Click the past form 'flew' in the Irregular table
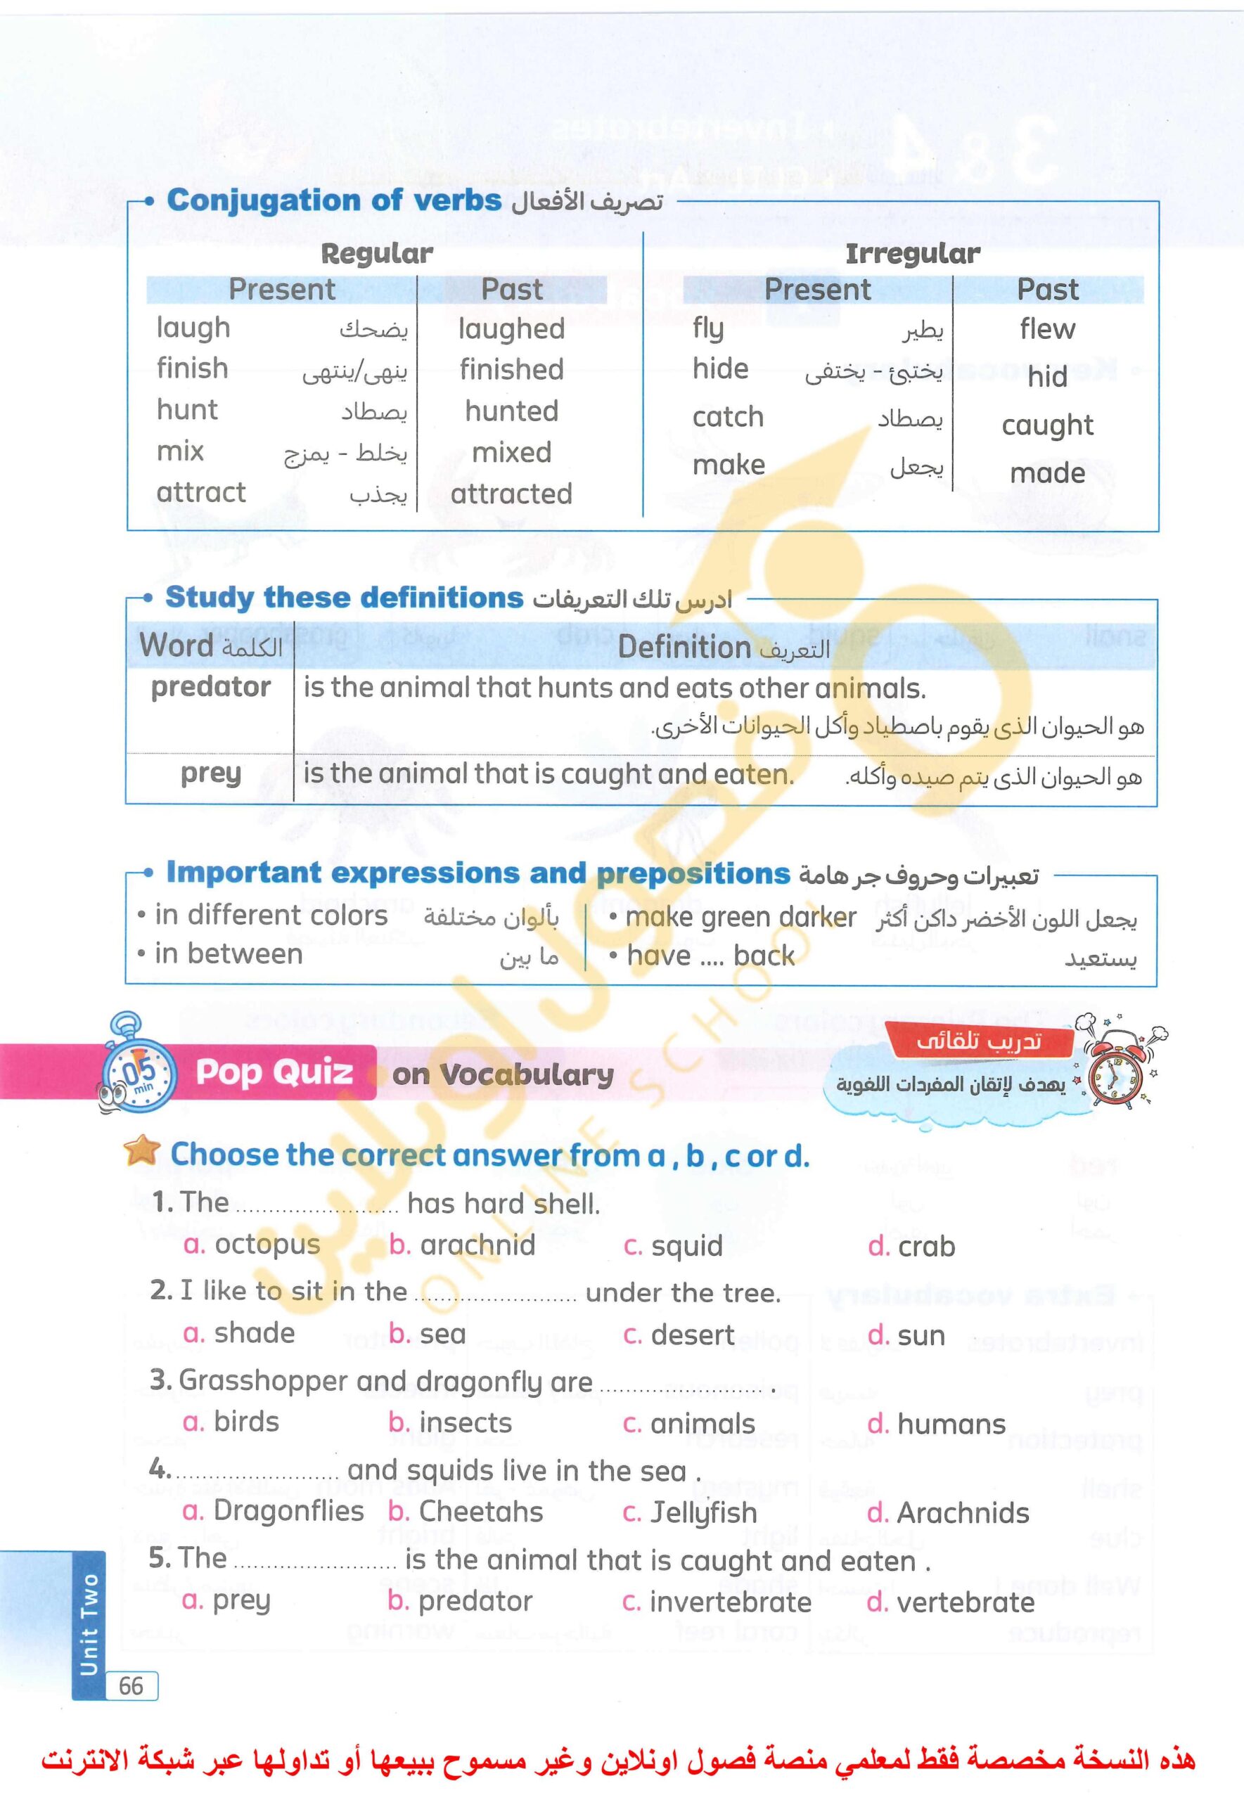click(x=1047, y=329)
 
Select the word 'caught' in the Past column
click(x=1047, y=425)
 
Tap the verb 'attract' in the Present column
click(x=201, y=492)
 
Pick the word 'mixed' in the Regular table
click(x=511, y=452)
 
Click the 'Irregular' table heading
click(x=912, y=253)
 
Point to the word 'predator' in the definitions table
click(x=210, y=687)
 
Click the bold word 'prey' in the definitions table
click(x=210, y=773)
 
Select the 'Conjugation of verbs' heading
click(x=333, y=200)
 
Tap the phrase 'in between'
click(x=229, y=953)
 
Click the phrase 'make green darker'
click(x=740, y=917)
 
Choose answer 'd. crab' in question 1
click(x=911, y=1247)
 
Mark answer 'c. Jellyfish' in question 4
click(x=690, y=1512)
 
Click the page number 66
click(x=131, y=1686)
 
